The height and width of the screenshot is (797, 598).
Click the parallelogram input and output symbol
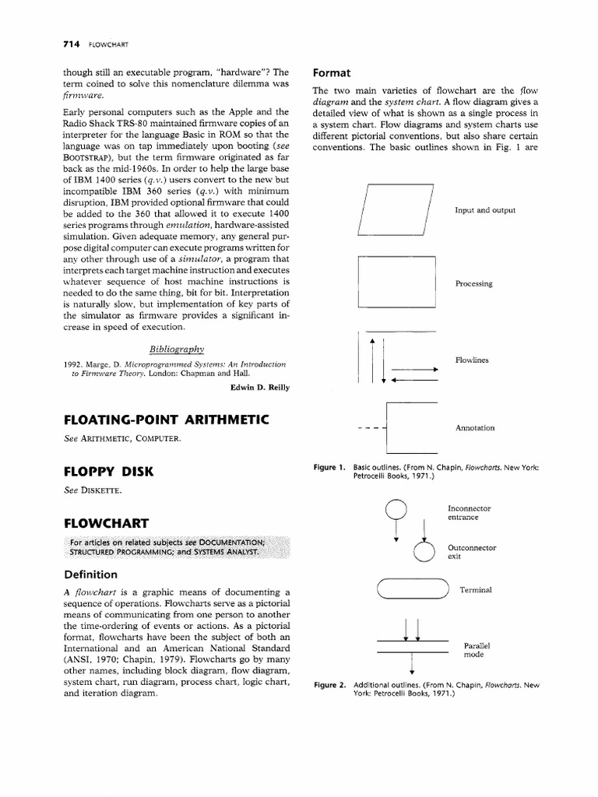pos(395,210)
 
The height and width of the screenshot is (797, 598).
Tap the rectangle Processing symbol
pos(396,282)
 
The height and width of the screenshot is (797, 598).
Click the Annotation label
pos(475,427)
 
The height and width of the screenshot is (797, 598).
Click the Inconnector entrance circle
pos(396,511)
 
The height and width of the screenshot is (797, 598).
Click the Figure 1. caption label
pos(329,467)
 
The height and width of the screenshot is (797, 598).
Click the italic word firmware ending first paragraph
pos(84,94)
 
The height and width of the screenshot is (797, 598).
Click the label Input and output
pos(485,210)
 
